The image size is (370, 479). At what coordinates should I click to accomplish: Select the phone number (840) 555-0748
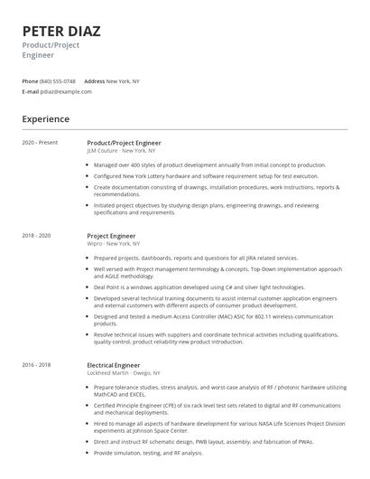(58, 81)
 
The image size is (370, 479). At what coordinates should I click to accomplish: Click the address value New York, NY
(123, 81)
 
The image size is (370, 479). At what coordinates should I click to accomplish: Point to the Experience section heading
(45, 118)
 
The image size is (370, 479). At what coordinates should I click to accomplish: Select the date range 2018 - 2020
(38, 236)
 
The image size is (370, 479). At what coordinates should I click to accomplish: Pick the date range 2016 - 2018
(38, 364)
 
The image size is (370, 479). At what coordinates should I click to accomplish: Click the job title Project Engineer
(112, 236)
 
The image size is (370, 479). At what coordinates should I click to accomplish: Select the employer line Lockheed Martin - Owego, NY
(124, 372)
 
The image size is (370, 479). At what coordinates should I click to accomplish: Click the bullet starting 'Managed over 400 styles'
(209, 165)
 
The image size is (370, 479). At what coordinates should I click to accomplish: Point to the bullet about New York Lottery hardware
(206, 176)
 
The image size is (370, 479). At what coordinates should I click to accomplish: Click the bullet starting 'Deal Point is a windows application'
(199, 287)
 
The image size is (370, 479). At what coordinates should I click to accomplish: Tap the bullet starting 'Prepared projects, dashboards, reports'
(195, 258)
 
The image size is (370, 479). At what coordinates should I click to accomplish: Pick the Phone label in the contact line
(30, 81)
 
